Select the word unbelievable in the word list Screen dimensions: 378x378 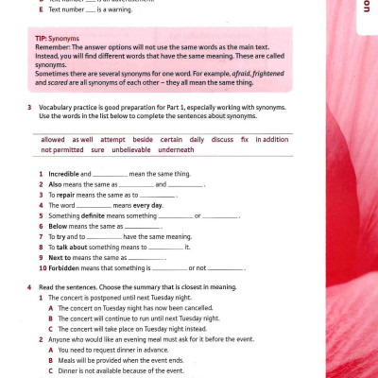click(x=131, y=149)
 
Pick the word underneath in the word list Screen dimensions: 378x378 click(x=176, y=149)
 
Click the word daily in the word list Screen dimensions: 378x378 click(x=196, y=140)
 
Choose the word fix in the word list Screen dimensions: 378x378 click(x=244, y=140)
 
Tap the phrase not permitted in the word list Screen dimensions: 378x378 click(x=62, y=149)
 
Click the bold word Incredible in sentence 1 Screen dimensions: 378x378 click(x=63, y=175)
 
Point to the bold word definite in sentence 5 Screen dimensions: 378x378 click(x=98, y=215)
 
